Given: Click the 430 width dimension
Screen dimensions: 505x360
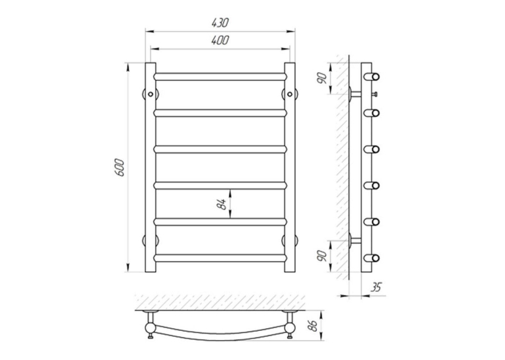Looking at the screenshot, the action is tap(220, 23).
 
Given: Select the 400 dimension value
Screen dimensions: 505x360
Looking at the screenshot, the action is tap(220, 40).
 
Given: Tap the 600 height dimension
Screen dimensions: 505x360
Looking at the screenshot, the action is tap(119, 167).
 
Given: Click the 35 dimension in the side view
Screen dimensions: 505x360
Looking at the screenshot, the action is tap(376, 287).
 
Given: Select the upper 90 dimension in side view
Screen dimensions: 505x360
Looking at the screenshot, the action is tap(322, 78).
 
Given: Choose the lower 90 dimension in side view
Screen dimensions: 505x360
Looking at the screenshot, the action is tap(322, 256).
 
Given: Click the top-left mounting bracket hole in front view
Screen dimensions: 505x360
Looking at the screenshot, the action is tap(151, 94).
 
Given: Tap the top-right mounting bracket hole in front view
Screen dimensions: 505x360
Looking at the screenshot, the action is tap(290, 94).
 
